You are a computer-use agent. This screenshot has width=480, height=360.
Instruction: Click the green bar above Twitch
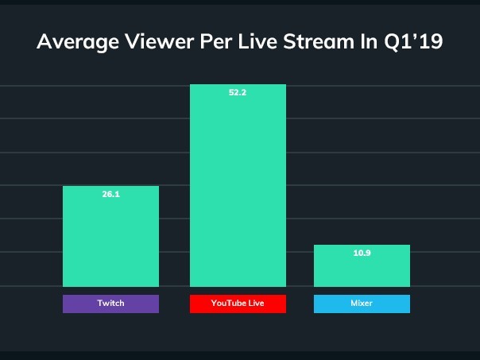coord(110,238)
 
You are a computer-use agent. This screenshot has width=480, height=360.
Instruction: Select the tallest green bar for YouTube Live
coord(238,191)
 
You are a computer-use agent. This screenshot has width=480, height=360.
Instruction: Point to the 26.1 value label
coord(110,195)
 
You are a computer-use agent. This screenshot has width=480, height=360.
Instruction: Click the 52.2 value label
coord(238,93)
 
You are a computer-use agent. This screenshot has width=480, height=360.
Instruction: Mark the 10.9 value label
coord(362,254)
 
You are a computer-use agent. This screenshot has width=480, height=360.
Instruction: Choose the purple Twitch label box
coord(110,304)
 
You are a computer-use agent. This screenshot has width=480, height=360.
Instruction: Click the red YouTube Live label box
coord(238,304)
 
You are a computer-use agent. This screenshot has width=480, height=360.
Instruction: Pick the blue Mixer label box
coord(362,304)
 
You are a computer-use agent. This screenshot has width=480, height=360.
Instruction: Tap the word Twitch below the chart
coord(110,304)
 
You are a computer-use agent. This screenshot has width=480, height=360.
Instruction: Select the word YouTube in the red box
coord(229,304)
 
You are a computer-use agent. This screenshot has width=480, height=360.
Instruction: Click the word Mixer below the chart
coord(362,304)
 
